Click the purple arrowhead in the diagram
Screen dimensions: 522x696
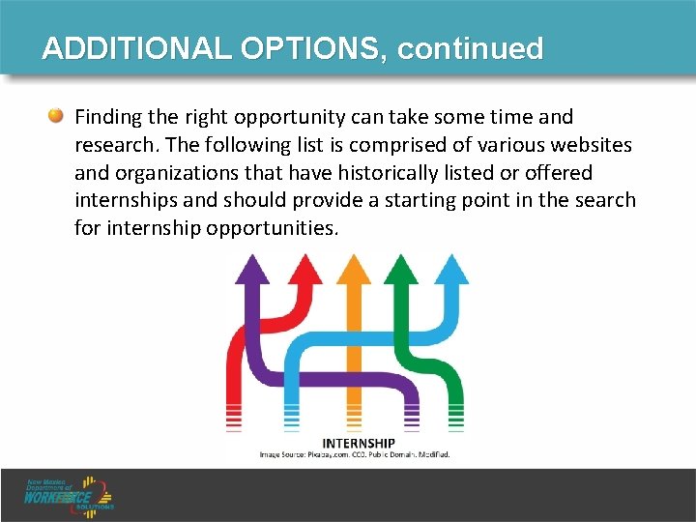(x=253, y=268)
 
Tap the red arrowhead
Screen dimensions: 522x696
(x=305, y=268)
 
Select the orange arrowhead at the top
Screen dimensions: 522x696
(x=352, y=268)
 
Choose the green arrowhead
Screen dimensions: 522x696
(x=399, y=268)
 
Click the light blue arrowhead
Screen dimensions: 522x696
(x=451, y=268)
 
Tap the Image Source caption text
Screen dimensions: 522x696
(x=354, y=453)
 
